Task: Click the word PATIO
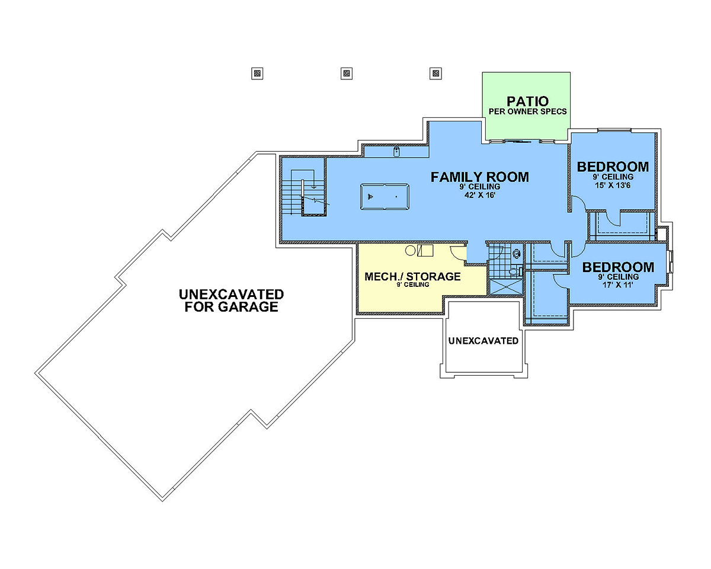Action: pyautogui.click(x=527, y=101)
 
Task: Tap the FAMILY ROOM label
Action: pyautogui.click(x=479, y=177)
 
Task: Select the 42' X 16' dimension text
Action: pyautogui.click(x=480, y=195)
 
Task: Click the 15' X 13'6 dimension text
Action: pyautogui.click(x=613, y=185)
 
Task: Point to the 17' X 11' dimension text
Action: pyautogui.click(x=618, y=284)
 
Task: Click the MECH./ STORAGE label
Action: pyautogui.click(x=412, y=276)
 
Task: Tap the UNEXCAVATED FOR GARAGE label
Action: pyautogui.click(x=231, y=301)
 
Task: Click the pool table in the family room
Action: pyautogui.click(x=385, y=197)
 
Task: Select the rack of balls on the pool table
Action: pyautogui.click(x=370, y=197)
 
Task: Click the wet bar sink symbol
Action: pyautogui.click(x=396, y=152)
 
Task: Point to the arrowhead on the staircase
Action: pyautogui.click(x=314, y=187)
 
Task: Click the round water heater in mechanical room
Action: pyautogui.click(x=411, y=251)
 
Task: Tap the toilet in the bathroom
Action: pyautogui.click(x=515, y=272)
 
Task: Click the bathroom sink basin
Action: pyautogui.click(x=517, y=254)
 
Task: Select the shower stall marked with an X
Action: pyautogui.click(x=505, y=287)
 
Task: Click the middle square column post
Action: pyautogui.click(x=347, y=73)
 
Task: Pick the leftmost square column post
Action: pyautogui.click(x=257, y=73)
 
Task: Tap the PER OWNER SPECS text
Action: pyautogui.click(x=528, y=111)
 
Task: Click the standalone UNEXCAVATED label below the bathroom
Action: pyautogui.click(x=483, y=341)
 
